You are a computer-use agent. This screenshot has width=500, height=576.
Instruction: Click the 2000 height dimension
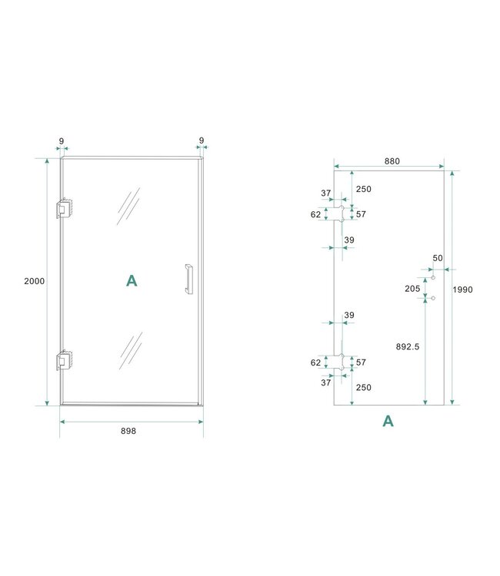35,281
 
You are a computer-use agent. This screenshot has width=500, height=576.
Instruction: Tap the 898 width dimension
128,432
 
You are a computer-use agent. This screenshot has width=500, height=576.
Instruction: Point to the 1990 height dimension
463,290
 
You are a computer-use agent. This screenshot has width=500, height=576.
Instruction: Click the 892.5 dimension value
407,346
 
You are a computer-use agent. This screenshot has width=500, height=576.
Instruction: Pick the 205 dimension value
412,289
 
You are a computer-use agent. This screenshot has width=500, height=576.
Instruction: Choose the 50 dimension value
438,259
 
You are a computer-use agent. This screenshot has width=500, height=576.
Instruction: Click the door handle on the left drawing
187,279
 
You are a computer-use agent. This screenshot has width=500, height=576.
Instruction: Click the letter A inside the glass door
132,281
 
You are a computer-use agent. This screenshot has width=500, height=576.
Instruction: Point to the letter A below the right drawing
388,421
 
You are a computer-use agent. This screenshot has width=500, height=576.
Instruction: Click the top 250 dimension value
363,189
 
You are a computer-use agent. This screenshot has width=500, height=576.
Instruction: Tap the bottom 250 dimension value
363,388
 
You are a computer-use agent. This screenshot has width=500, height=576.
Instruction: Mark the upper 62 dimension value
315,214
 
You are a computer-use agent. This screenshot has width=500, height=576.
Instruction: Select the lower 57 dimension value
360,362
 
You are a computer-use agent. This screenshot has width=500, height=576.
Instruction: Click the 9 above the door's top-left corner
61,141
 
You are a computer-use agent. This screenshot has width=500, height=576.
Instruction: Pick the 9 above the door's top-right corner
201,141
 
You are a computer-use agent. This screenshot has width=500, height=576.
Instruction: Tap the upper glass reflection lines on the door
128,206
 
